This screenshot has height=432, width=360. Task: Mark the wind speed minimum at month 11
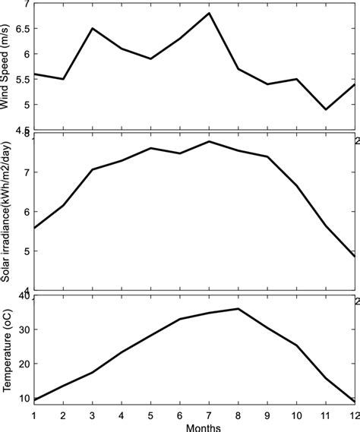tap(325, 109)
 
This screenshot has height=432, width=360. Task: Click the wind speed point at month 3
tap(93, 28)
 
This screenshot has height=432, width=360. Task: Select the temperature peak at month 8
tap(238, 308)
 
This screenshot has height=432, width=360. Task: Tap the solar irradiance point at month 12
tap(354, 257)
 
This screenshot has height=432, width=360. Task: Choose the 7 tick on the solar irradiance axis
tap(25, 173)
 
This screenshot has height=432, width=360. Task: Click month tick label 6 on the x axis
tap(180, 415)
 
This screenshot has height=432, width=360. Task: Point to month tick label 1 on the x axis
tap(34, 415)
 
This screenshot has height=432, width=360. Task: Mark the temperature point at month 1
tap(34, 399)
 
